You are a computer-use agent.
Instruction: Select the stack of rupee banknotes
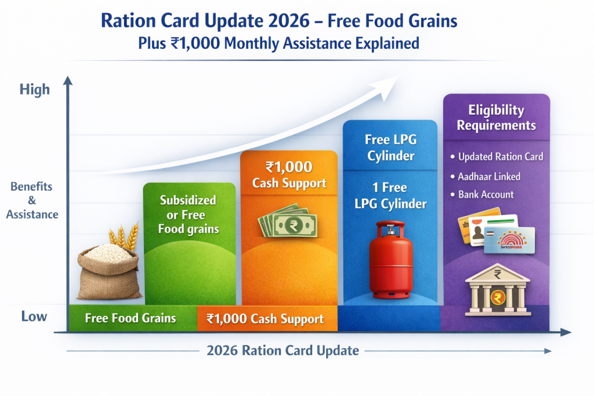coord(288,221)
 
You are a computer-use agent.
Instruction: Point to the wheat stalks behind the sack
coord(124,237)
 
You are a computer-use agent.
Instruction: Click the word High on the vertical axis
coord(35,90)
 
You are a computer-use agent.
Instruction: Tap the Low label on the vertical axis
coord(34,317)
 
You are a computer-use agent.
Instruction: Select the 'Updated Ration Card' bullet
coord(500,157)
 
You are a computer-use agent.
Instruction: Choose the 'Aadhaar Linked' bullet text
coord(489,176)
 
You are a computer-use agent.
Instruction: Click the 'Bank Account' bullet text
coord(486,195)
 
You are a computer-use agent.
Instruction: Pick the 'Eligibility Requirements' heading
coord(496,118)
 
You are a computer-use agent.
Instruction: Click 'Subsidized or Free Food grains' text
coord(189,215)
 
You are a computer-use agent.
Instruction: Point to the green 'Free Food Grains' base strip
coord(131,318)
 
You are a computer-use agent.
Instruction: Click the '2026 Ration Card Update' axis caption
coord(282,351)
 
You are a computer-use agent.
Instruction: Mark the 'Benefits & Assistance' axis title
coord(32,201)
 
